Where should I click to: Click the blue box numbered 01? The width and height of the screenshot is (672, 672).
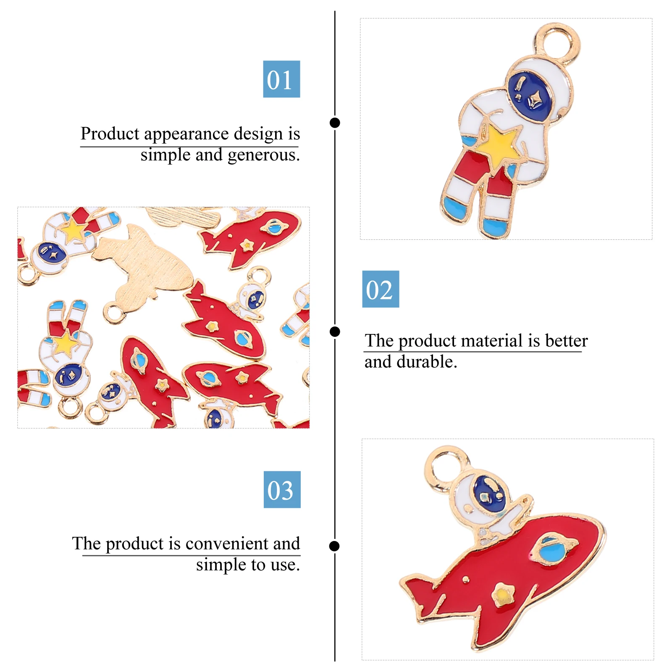pyautogui.click(x=281, y=79)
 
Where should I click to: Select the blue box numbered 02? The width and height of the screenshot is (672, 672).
pyautogui.click(x=381, y=289)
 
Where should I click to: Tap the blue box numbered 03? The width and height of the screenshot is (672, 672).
pyautogui.click(x=282, y=489)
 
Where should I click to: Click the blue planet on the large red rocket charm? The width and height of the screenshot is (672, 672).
pyautogui.click(x=551, y=550)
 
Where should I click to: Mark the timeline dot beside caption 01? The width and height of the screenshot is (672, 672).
pyautogui.click(x=335, y=123)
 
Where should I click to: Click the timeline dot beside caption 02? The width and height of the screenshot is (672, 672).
pyautogui.click(x=335, y=332)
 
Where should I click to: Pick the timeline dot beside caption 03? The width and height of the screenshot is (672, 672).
pyautogui.click(x=335, y=546)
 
